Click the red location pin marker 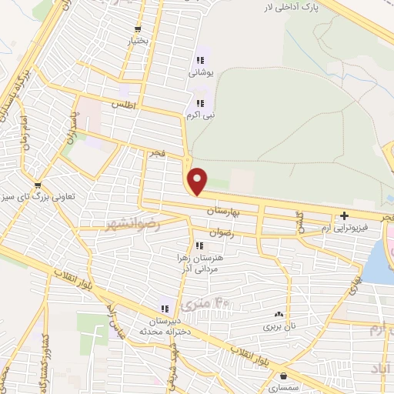point(199,182)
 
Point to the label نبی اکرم point(199,115)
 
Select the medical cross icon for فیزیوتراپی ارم point(344,215)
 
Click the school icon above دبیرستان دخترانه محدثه point(165,308)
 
